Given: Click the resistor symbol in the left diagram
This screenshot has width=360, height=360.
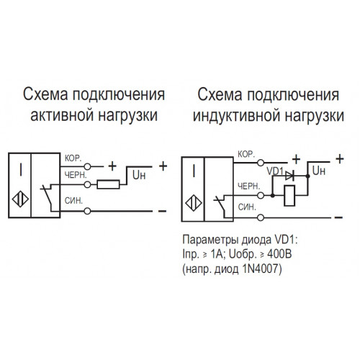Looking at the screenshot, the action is pyautogui.click(x=108, y=184).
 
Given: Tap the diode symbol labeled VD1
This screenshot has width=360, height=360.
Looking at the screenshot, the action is pyautogui.click(x=289, y=176).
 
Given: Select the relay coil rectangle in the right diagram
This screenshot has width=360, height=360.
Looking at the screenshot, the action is pyautogui.click(x=289, y=196).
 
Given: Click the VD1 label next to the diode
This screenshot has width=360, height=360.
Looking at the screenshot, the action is pyautogui.click(x=275, y=171).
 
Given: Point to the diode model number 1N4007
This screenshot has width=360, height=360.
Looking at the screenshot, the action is pyautogui.click(x=261, y=269).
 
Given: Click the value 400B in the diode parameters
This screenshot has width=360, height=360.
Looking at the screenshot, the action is pyautogui.click(x=279, y=254).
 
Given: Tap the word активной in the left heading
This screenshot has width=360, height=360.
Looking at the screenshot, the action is pyautogui.click(x=63, y=115).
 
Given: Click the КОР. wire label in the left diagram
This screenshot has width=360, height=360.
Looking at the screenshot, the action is pyautogui.click(x=73, y=158).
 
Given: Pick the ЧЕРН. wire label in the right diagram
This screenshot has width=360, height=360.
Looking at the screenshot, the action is pyautogui.click(x=249, y=186).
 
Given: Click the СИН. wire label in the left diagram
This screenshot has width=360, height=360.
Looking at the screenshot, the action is pyautogui.click(x=73, y=201).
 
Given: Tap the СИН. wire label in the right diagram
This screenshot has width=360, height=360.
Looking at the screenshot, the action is pyautogui.click(x=247, y=207).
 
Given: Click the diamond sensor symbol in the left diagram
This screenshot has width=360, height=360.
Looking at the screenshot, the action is pyautogui.click(x=20, y=199).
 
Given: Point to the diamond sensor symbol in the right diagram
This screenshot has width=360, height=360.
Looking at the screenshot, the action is pyautogui.click(x=194, y=203).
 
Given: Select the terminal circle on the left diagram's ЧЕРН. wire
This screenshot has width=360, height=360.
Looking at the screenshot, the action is pyautogui.click(x=88, y=184).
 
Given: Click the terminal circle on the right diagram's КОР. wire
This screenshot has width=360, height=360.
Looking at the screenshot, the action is pyautogui.click(x=261, y=163).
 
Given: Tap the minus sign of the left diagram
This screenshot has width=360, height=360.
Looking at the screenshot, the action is pyautogui.click(x=162, y=211).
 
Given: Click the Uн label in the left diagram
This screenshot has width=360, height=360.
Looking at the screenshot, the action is pyautogui.click(x=139, y=176).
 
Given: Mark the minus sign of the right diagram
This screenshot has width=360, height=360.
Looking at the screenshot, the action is pyautogui.click(x=338, y=217).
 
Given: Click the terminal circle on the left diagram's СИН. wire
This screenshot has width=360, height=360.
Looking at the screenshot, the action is pyautogui.click(x=88, y=211).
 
